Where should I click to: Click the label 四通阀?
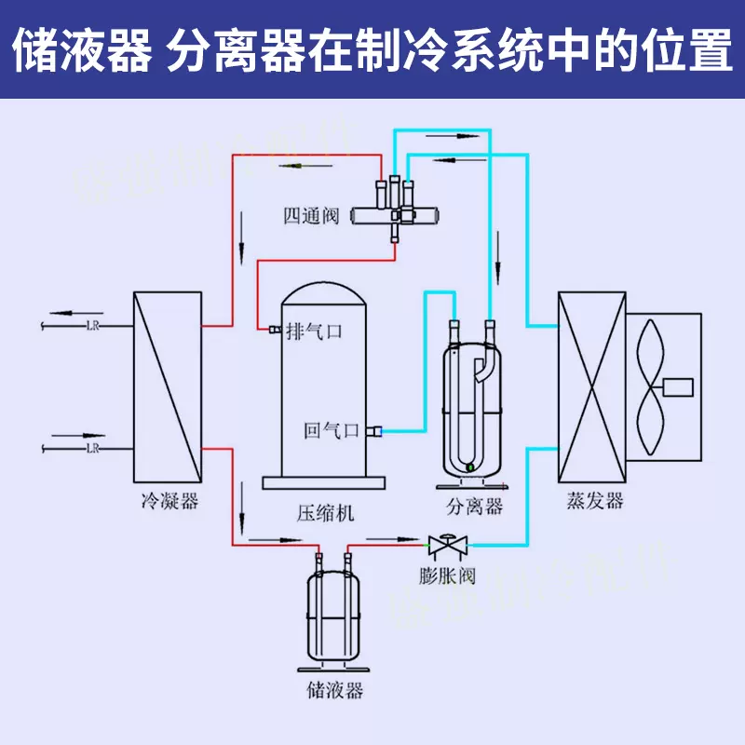pos(311,218)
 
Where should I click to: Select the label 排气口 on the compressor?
pos(315,331)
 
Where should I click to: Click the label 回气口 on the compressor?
pos(332,430)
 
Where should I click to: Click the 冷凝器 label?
pos(169,502)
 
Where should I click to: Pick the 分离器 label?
pos(474,507)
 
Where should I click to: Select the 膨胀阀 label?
pos(447,576)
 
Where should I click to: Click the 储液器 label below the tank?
pos(333,691)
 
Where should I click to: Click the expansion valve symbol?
pos(448,543)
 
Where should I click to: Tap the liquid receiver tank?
pos(332,615)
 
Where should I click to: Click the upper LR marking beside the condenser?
pos(92,325)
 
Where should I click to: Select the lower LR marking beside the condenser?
pos(92,448)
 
